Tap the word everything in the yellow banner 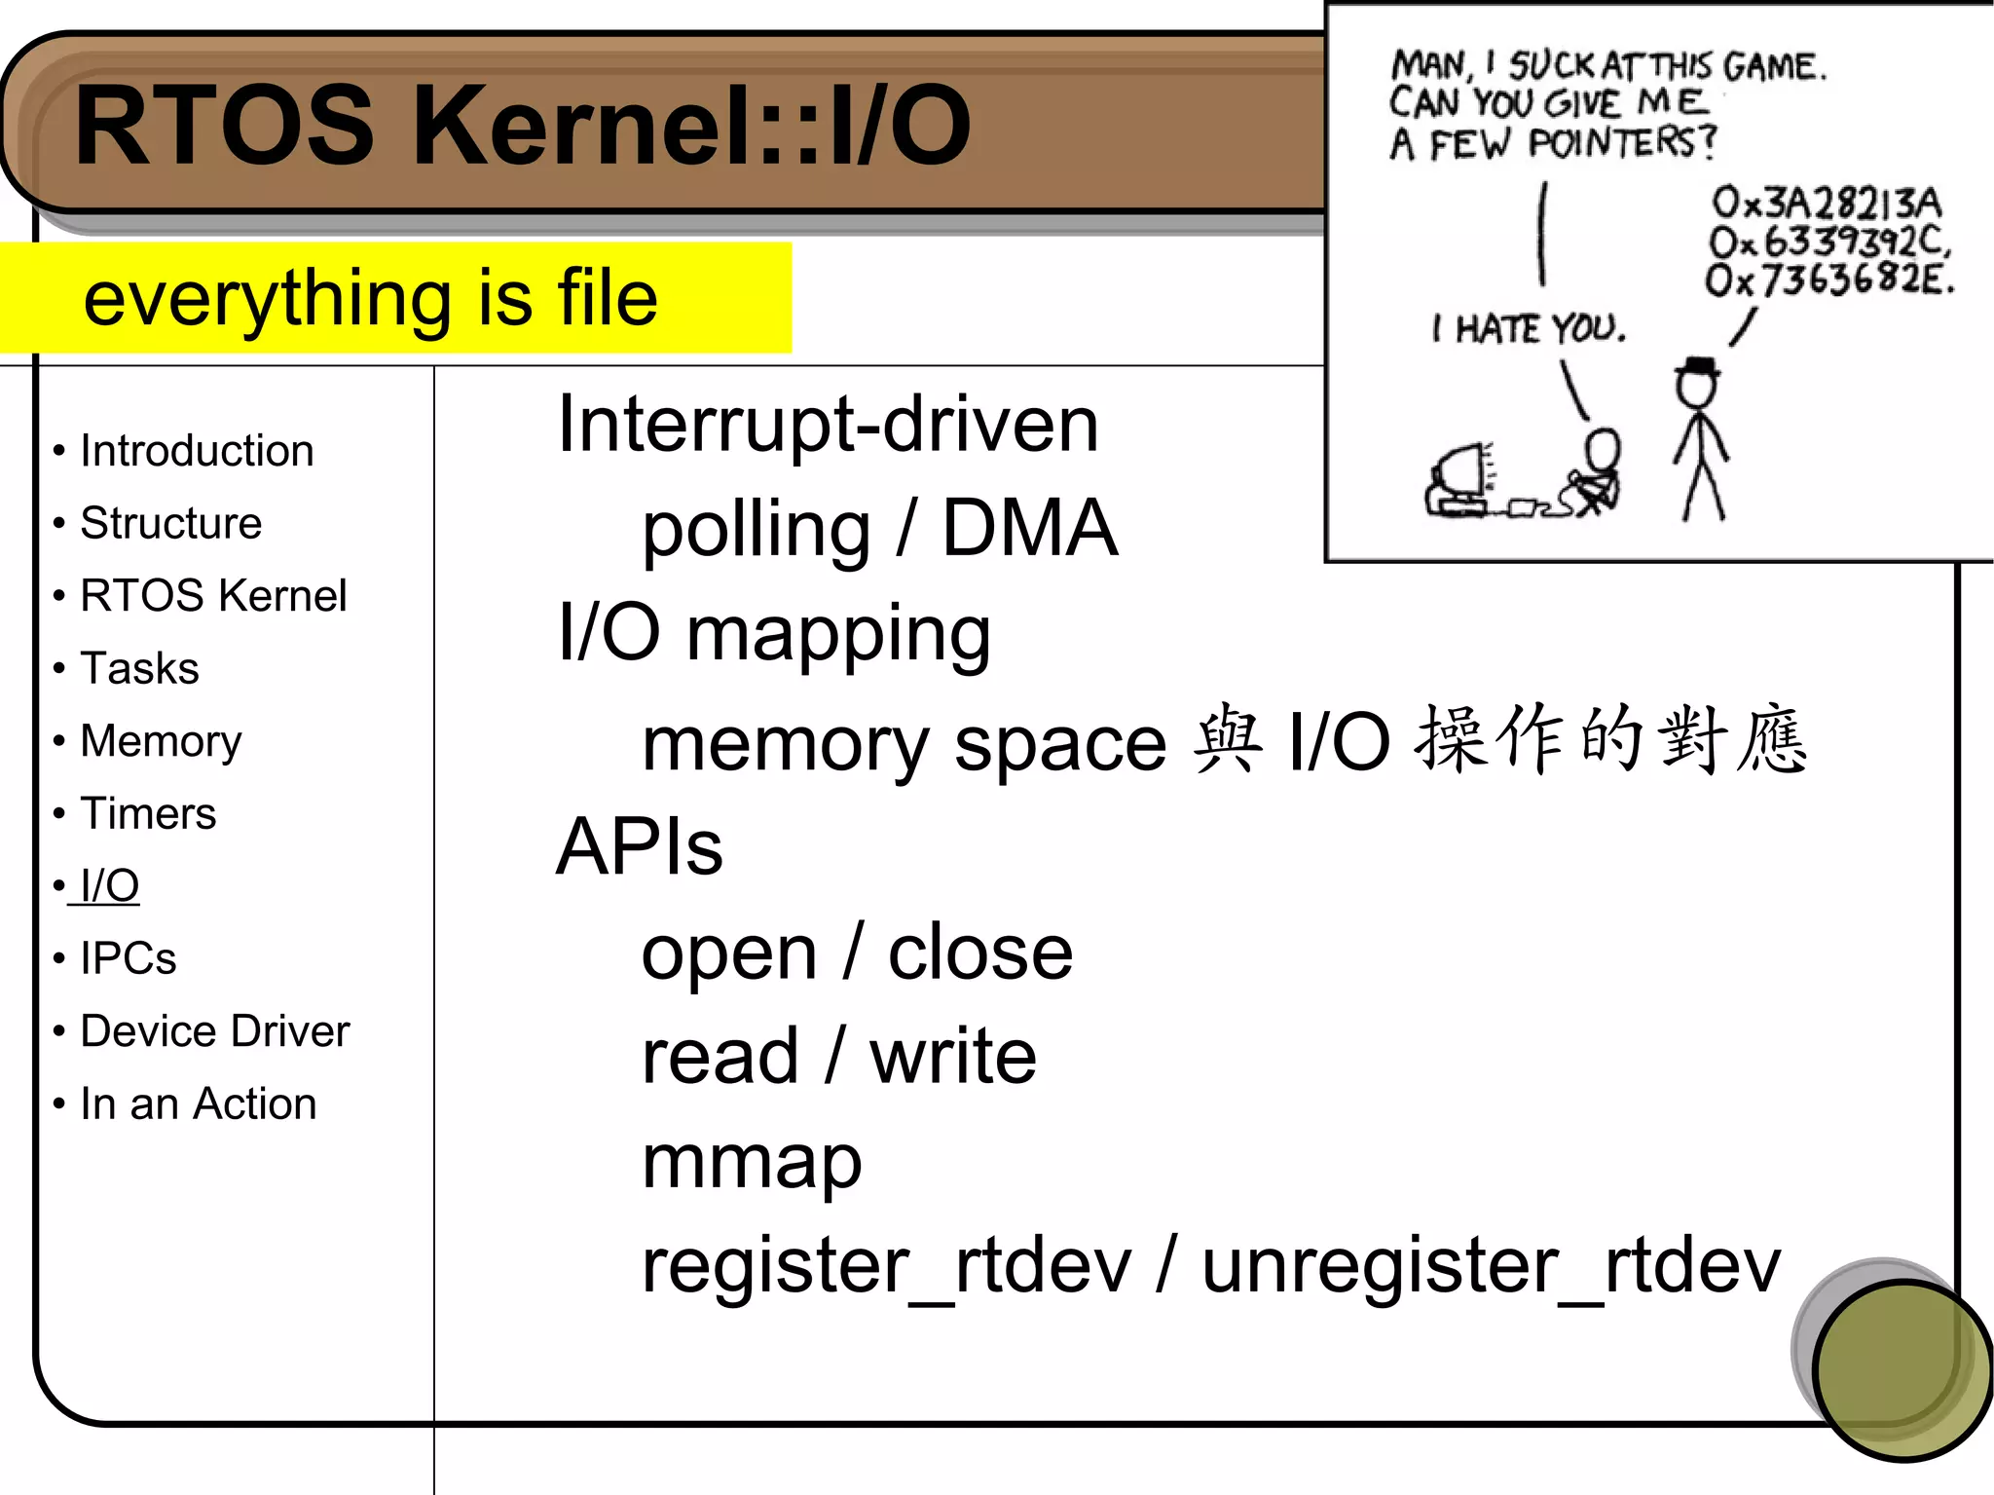tap(267, 300)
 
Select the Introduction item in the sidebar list tap(197, 451)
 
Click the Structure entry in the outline tap(170, 523)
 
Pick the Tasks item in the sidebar tap(139, 668)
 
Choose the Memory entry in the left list tap(161, 741)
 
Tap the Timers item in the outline tap(148, 813)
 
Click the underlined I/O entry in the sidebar tap(109, 886)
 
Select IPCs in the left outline tap(128, 958)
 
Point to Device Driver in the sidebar tap(214, 1031)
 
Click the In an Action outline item tap(198, 1103)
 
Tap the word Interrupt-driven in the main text tap(828, 425)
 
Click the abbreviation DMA tap(1029, 528)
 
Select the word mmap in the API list tap(752, 1162)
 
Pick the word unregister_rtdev tap(1491, 1266)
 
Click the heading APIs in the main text tap(639, 846)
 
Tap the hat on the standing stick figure tap(1698, 367)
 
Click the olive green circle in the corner tap(1901, 1369)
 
